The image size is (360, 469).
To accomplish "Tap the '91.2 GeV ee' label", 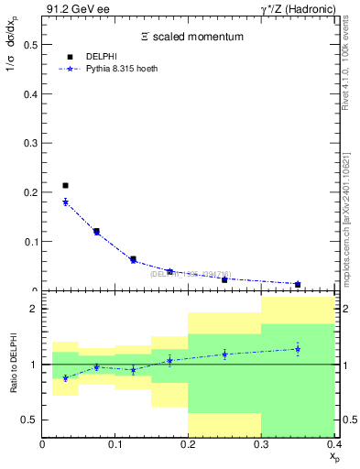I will [x=71, y=9].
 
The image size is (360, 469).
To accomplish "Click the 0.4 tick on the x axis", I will [x=333, y=444].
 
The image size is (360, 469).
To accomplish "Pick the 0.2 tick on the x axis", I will [x=188, y=444].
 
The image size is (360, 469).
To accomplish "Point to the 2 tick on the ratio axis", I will [x=34, y=310].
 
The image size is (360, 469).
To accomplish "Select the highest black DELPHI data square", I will [x=65, y=186].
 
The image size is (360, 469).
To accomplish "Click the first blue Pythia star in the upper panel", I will [x=65, y=202].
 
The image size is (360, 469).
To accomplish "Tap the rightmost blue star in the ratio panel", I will [x=298, y=348].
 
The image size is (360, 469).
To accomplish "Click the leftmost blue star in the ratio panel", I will [x=65, y=377].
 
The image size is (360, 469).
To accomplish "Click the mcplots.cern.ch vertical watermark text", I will [x=350, y=209].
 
